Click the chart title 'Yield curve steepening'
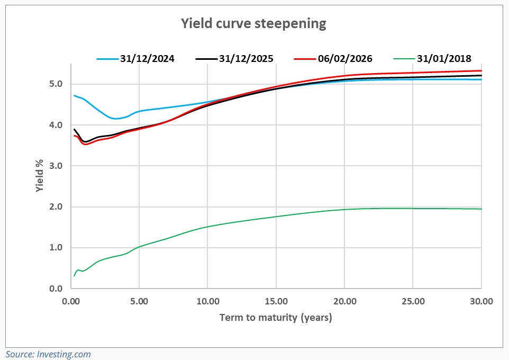[x=253, y=23]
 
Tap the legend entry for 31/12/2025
[x=246, y=59]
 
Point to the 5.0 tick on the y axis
[x=57, y=84]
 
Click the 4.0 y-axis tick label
[x=57, y=125]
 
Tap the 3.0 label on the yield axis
[x=57, y=166]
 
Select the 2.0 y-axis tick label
[x=57, y=207]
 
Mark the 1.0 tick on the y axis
[x=57, y=248]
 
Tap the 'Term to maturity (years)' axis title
[x=276, y=318]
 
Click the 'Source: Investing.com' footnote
[x=49, y=354]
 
